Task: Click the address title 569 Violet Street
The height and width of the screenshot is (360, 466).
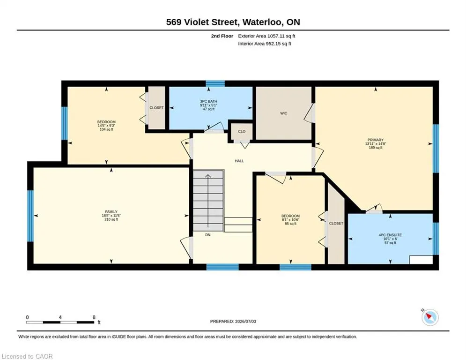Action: [x=202, y=22]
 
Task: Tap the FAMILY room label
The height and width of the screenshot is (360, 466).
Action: [x=111, y=212]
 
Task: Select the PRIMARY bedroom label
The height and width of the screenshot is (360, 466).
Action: [x=375, y=140]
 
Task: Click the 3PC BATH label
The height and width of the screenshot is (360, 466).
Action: [x=208, y=101]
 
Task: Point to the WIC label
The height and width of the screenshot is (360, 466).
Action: [x=283, y=113]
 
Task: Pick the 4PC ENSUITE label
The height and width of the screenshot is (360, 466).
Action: [x=390, y=235]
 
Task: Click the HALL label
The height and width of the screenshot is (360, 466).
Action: [x=239, y=161]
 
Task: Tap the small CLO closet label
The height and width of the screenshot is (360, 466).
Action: [x=242, y=132]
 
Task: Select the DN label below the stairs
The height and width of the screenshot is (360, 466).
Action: [x=208, y=235]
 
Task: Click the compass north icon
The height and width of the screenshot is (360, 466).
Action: [x=430, y=317]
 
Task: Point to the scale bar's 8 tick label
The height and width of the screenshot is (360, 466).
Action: [x=94, y=317]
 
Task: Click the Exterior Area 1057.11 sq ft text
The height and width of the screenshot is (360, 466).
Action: [x=266, y=36]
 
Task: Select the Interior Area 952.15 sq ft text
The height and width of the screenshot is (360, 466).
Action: [x=265, y=44]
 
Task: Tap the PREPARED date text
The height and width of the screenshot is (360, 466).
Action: [x=233, y=321]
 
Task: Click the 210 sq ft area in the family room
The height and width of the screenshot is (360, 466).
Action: [x=111, y=219]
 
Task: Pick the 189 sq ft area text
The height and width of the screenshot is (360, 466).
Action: [x=375, y=148]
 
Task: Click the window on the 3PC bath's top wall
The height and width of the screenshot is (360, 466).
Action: [x=215, y=83]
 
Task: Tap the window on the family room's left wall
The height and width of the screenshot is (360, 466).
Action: [x=30, y=216]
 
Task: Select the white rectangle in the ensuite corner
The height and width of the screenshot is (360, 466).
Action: [x=421, y=260]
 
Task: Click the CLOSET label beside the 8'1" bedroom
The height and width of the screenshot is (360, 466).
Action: [x=336, y=224]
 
